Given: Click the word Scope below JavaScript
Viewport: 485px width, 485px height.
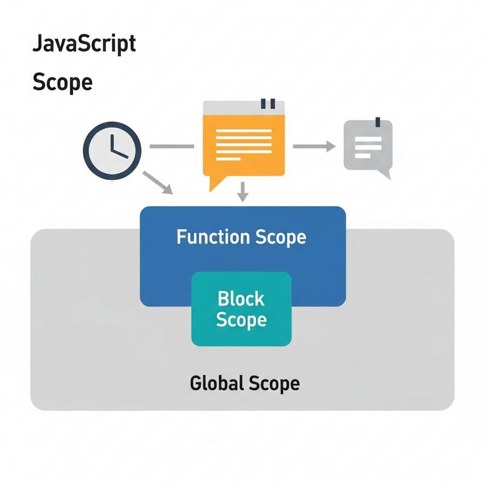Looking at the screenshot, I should pyautogui.click(x=62, y=81).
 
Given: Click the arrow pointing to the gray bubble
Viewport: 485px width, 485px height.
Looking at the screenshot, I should pyautogui.click(x=314, y=146).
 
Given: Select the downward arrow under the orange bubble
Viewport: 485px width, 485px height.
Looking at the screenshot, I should pyautogui.click(x=242, y=192).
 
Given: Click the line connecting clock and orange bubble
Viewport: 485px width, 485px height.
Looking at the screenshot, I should pyautogui.click(x=171, y=146).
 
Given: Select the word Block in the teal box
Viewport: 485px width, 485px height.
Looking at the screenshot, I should pyautogui.click(x=241, y=299).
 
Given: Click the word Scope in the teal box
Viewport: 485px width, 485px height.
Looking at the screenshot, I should pyautogui.click(x=241, y=319).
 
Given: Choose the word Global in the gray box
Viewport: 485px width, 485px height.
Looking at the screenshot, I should pyautogui.click(x=216, y=383).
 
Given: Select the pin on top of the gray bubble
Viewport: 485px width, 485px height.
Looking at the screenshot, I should pyautogui.click(x=376, y=121).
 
